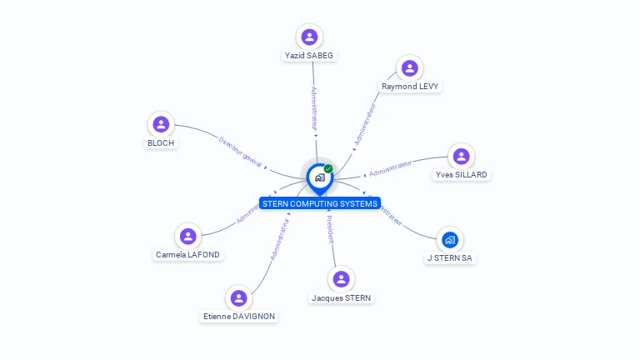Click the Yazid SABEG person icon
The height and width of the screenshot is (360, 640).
309,37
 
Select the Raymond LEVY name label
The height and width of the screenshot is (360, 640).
410,86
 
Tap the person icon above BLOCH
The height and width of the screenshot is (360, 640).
161,124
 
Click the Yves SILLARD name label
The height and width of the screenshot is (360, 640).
461,175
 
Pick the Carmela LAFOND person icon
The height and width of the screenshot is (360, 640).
188,236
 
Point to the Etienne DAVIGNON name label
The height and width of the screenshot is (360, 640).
239,317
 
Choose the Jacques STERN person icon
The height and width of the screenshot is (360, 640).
341,279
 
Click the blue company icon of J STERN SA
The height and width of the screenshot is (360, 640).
450,240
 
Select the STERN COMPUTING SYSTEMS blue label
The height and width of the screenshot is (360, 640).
320,203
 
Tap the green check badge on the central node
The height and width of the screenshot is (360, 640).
328,169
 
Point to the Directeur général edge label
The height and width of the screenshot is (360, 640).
240,152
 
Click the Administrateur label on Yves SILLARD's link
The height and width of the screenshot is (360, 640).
391,168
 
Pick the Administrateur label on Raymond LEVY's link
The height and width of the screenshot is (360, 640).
365,125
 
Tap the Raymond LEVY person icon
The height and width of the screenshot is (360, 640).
409,67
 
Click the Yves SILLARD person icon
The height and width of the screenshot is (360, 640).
461,156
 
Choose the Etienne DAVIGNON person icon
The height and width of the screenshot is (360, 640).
239,297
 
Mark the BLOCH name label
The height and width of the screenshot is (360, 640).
161,142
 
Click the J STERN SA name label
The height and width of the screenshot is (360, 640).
450,258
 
